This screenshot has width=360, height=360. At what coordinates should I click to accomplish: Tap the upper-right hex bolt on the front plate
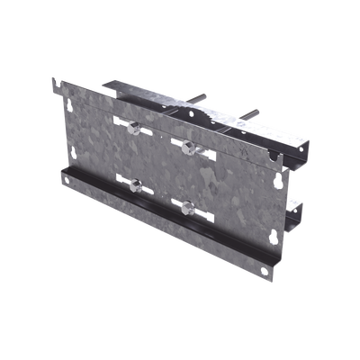(186, 144)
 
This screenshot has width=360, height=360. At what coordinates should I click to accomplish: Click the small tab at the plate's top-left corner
(55, 85)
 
